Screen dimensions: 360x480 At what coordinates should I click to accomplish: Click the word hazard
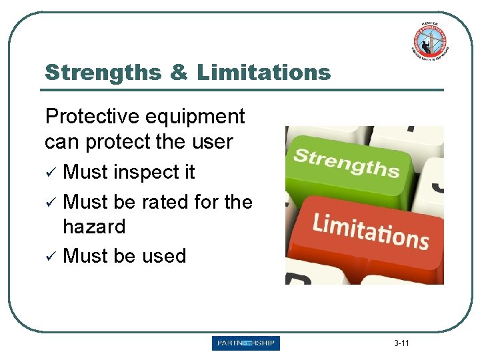coord(94,227)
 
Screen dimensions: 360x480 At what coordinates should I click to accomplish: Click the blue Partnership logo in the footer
coord(246,343)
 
